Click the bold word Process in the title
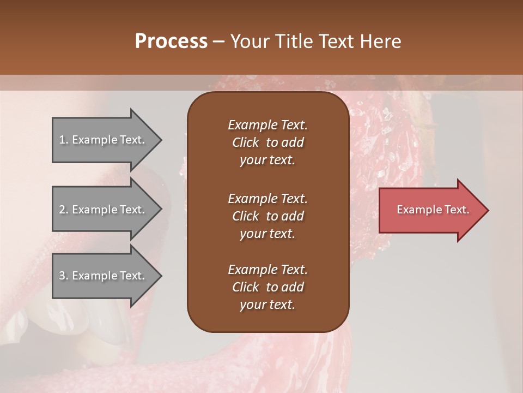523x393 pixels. coord(171,41)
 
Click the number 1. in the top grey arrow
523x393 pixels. coord(64,140)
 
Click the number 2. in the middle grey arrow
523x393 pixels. coord(64,210)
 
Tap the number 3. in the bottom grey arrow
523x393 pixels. coord(64,276)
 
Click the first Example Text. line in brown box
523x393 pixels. coord(267,125)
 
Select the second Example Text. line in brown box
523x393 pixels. coord(267,198)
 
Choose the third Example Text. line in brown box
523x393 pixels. coord(267,270)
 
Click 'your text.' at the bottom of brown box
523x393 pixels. coord(267,305)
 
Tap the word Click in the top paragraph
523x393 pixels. coord(245,142)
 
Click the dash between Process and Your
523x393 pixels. coord(218,41)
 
